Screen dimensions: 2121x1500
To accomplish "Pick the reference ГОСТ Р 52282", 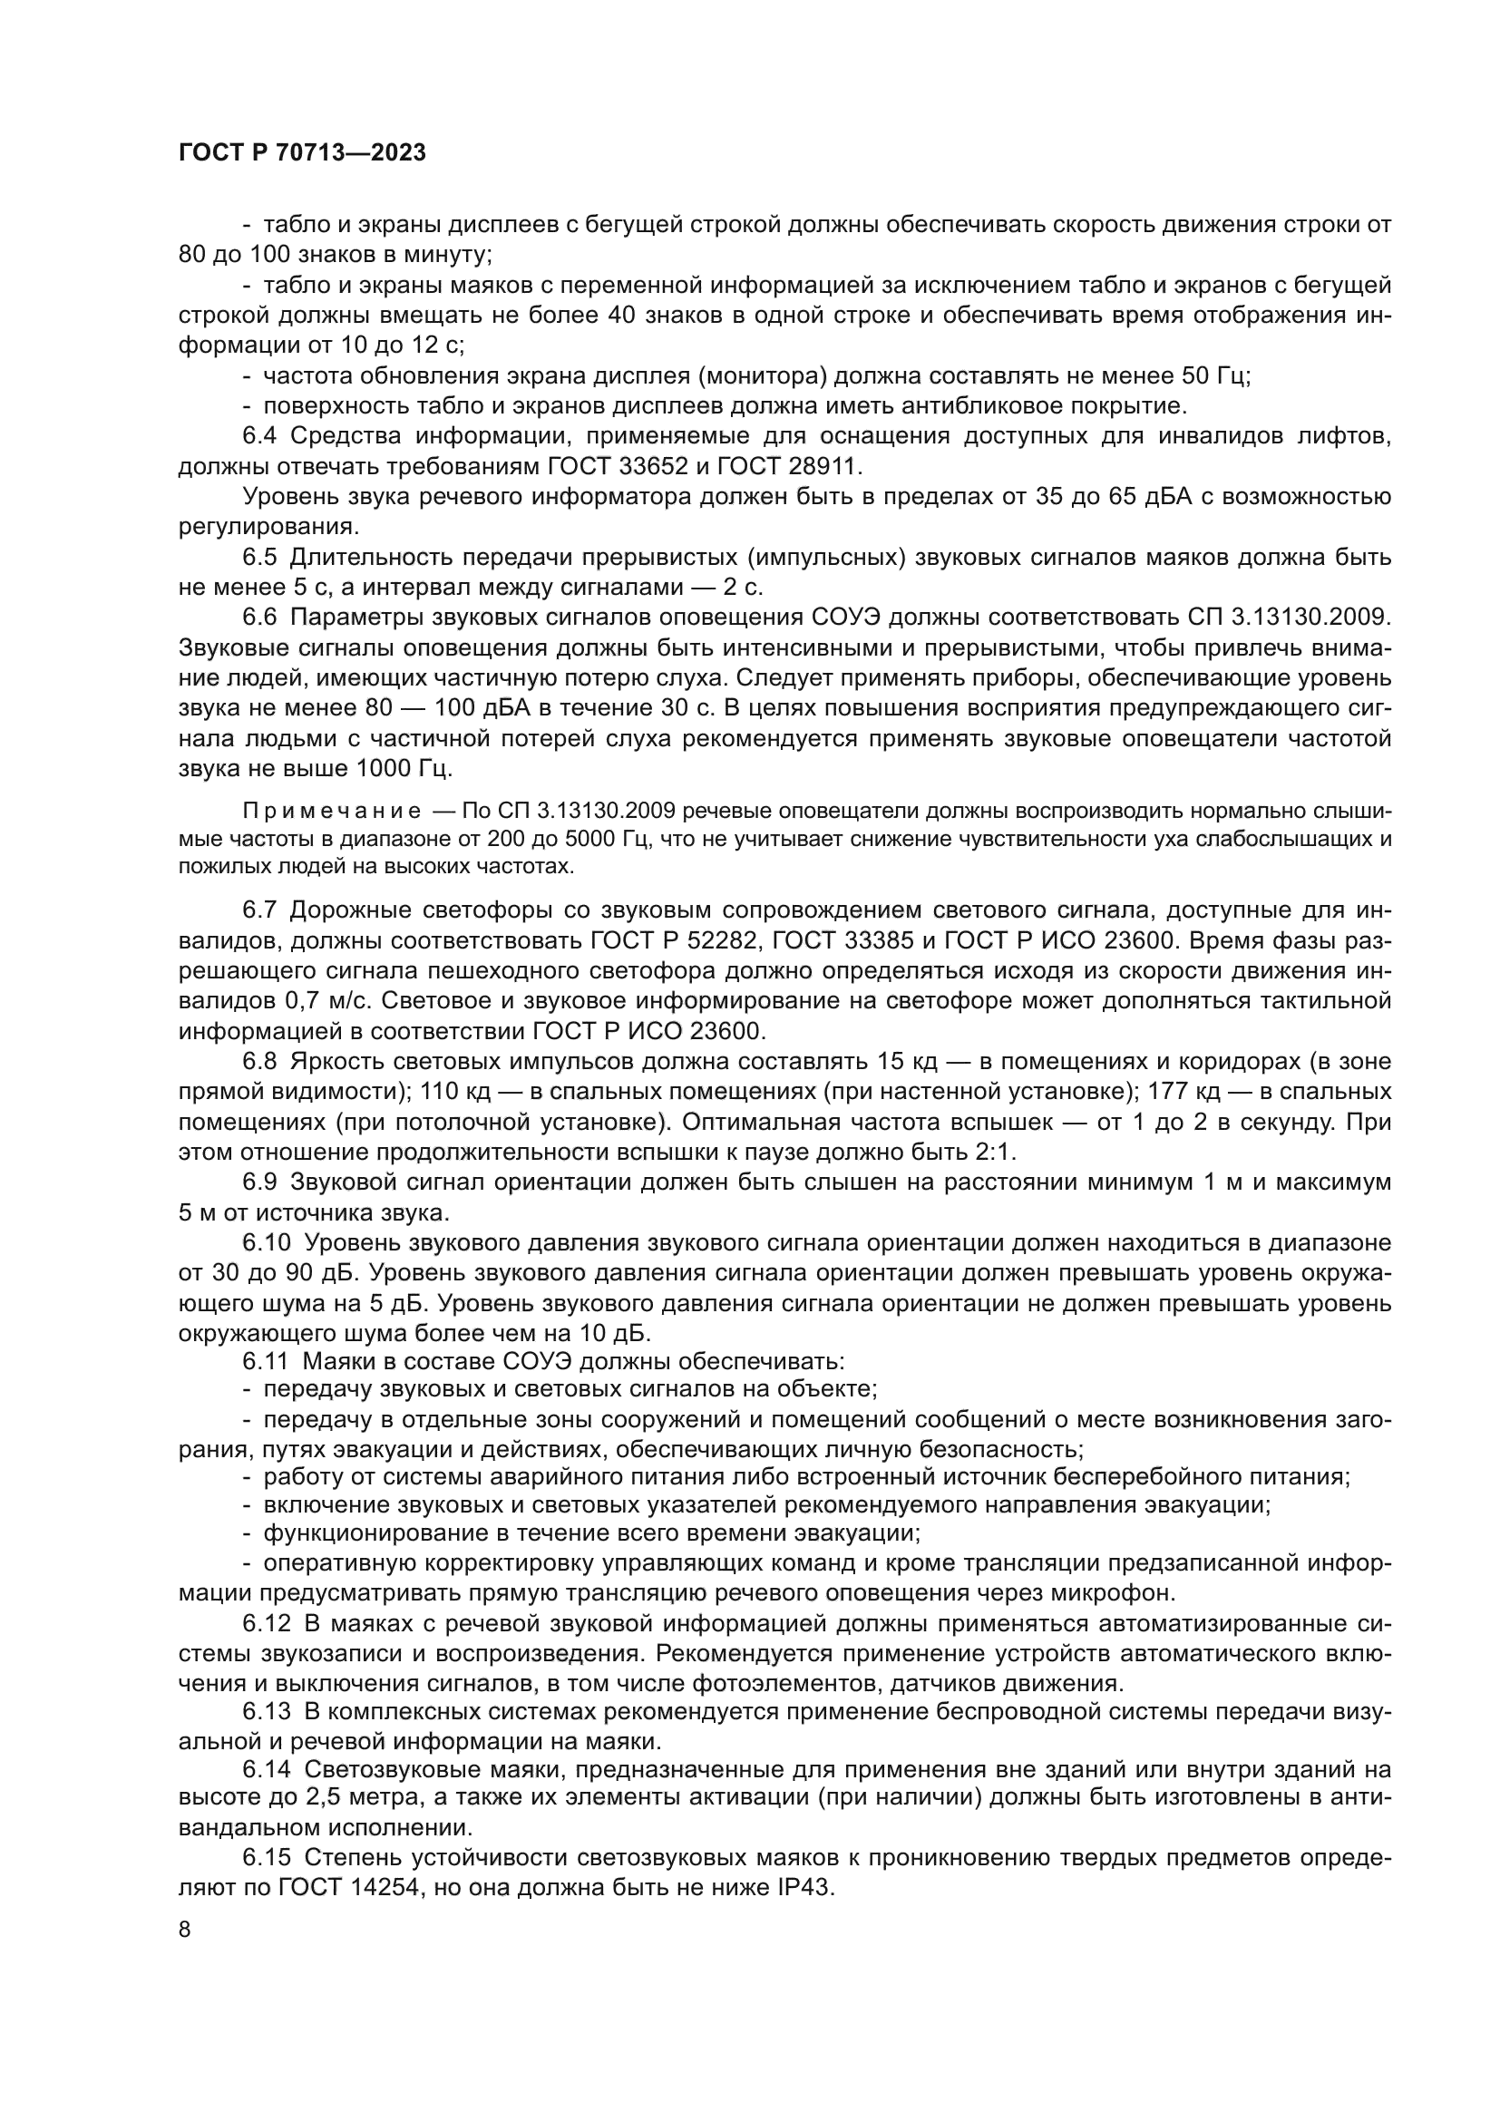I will [x=673, y=940].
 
